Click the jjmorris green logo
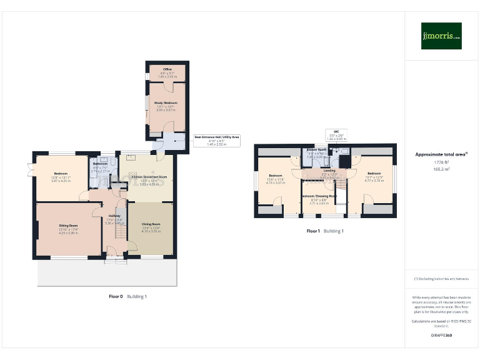(441, 36)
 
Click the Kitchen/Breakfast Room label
(149, 177)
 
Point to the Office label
(167, 69)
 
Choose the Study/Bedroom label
(167, 102)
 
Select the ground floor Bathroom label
(101, 164)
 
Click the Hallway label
(114, 216)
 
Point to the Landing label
(329, 170)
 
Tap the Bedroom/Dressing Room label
(319, 196)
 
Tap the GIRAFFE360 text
(441, 336)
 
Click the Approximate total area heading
(441, 154)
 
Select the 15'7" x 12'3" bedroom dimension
(374, 177)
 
